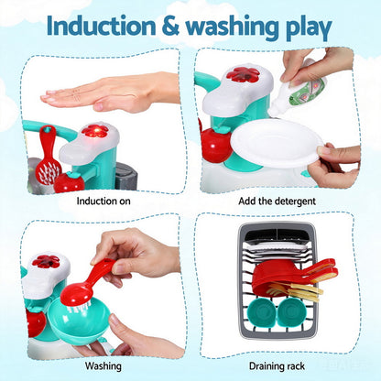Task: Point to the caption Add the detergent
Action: [278, 201]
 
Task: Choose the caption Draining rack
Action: [278, 365]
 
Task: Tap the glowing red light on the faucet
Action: [93, 132]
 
